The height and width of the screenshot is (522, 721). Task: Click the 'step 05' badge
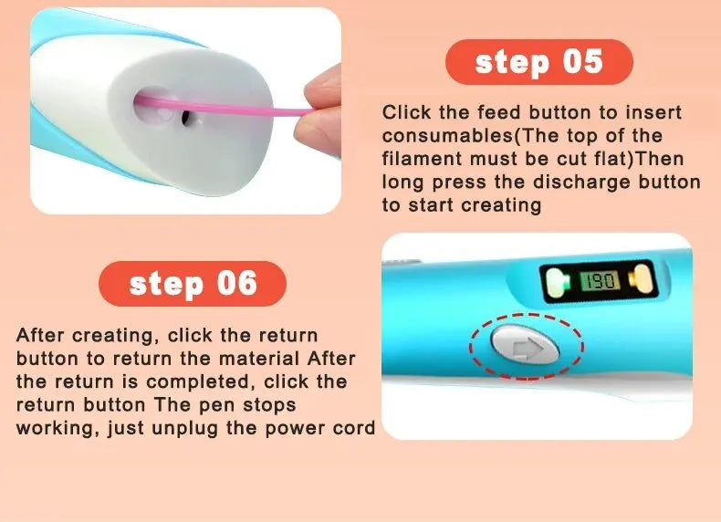click(538, 62)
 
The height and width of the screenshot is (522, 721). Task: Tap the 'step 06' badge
click(193, 284)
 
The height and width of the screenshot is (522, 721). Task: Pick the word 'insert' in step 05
click(652, 113)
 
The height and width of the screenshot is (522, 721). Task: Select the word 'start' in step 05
click(431, 204)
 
